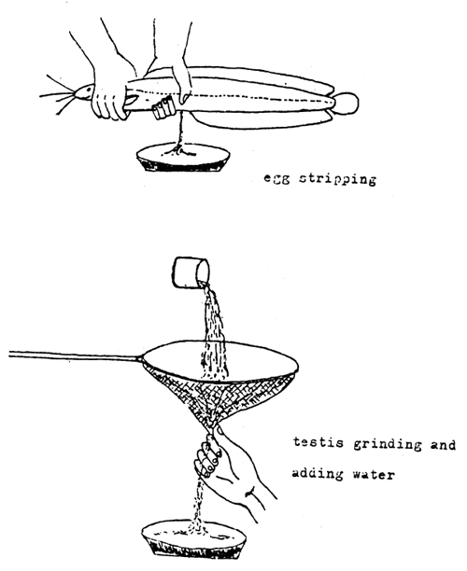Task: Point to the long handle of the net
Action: click(x=75, y=355)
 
